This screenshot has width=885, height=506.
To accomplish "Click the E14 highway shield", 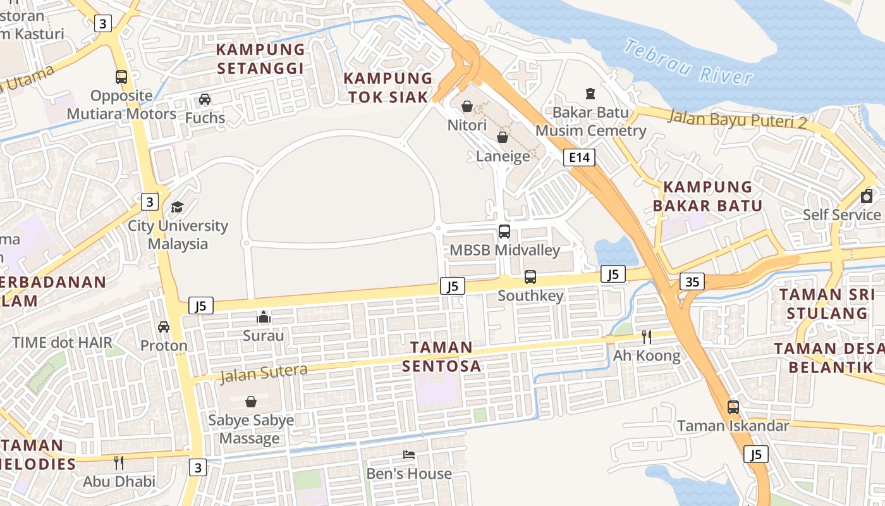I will tap(579, 157).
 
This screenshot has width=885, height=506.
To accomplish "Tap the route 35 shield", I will tap(692, 281).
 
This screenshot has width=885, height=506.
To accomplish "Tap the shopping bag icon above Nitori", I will tap(467, 106).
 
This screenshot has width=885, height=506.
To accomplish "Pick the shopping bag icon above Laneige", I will tap(503, 137).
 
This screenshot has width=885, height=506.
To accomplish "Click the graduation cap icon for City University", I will tap(177, 207).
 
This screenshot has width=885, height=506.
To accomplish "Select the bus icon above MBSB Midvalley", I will tap(504, 231).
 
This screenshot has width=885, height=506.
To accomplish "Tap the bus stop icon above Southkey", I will tap(530, 277).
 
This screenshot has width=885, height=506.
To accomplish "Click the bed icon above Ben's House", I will tap(409, 455).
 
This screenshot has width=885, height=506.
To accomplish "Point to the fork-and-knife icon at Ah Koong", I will tap(646, 336).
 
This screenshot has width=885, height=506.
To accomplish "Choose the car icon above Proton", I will tap(164, 327).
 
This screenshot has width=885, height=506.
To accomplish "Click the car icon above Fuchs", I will tap(205, 99).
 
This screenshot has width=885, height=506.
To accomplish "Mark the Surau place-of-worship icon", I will tap(264, 317).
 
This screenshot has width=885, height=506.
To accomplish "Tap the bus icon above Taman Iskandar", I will tap(733, 407).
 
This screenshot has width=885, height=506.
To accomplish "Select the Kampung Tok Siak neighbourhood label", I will tap(388, 87).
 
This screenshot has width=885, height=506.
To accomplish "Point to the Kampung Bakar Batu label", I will tap(707, 196).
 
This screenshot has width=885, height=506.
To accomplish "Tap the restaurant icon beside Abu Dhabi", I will tap(118, 462).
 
